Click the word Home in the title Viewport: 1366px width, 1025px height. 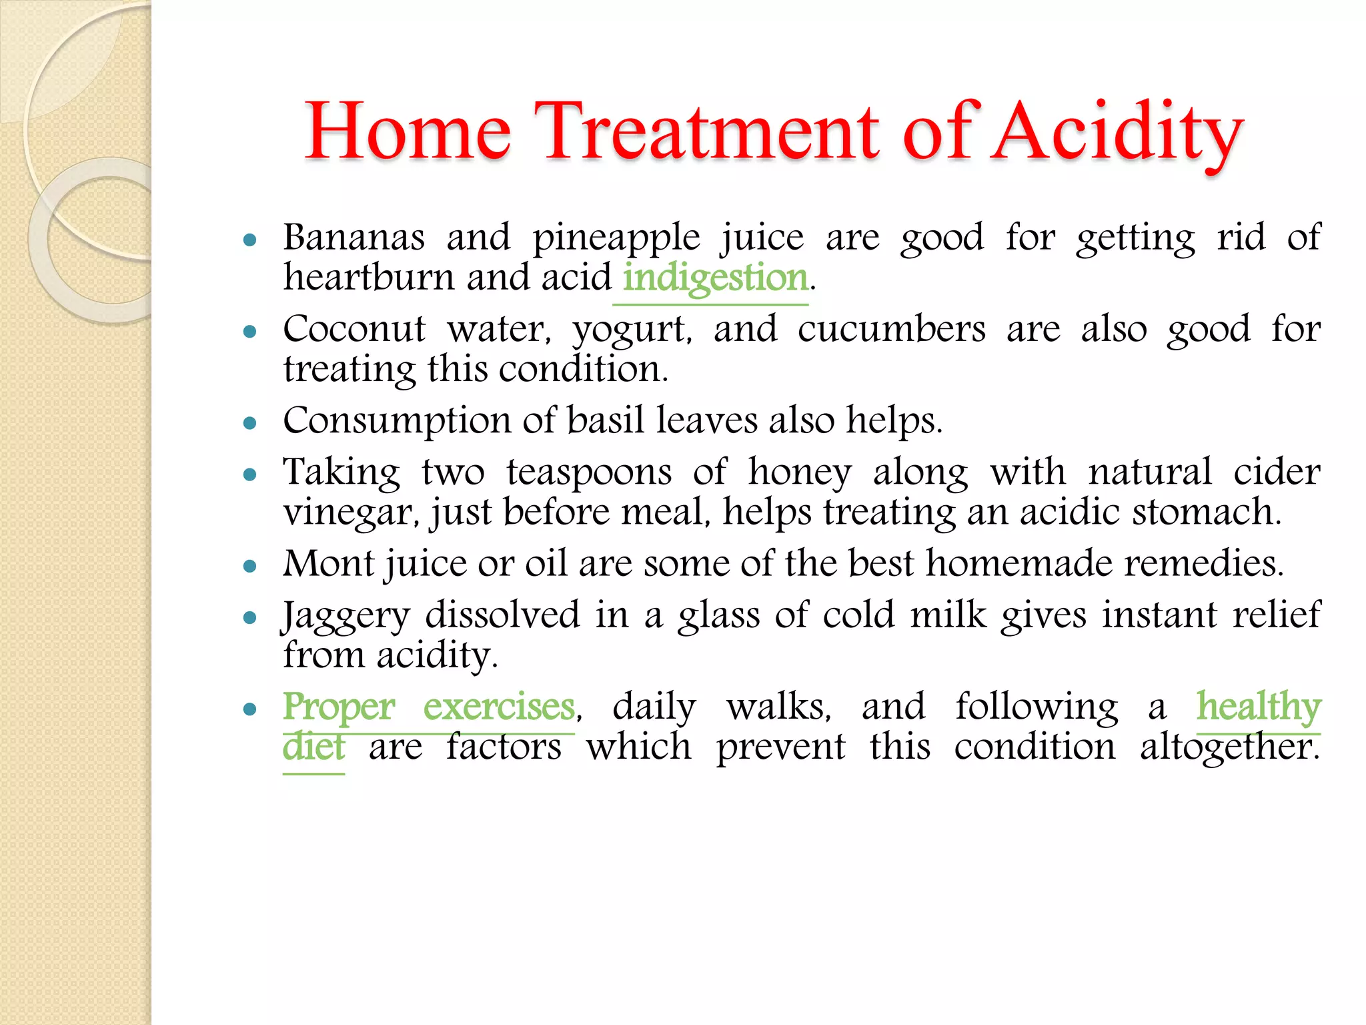pos(408,131)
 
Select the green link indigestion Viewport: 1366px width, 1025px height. pos(714,278)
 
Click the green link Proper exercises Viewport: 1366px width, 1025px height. pos(428,707)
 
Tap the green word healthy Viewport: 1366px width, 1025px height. pos(1258,707)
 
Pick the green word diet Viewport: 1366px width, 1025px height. pos(313,747)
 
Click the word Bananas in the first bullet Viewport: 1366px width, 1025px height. pos(354,238)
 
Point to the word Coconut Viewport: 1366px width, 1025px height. pos(354,329)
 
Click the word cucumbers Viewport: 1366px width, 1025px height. pos(891,329)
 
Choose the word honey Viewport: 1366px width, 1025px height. pos(799,472)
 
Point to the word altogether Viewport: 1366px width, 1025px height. pos(1229,747)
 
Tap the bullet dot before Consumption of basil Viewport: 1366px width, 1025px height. pos(250,423)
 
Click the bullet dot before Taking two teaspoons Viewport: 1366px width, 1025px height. pos(250,474)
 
